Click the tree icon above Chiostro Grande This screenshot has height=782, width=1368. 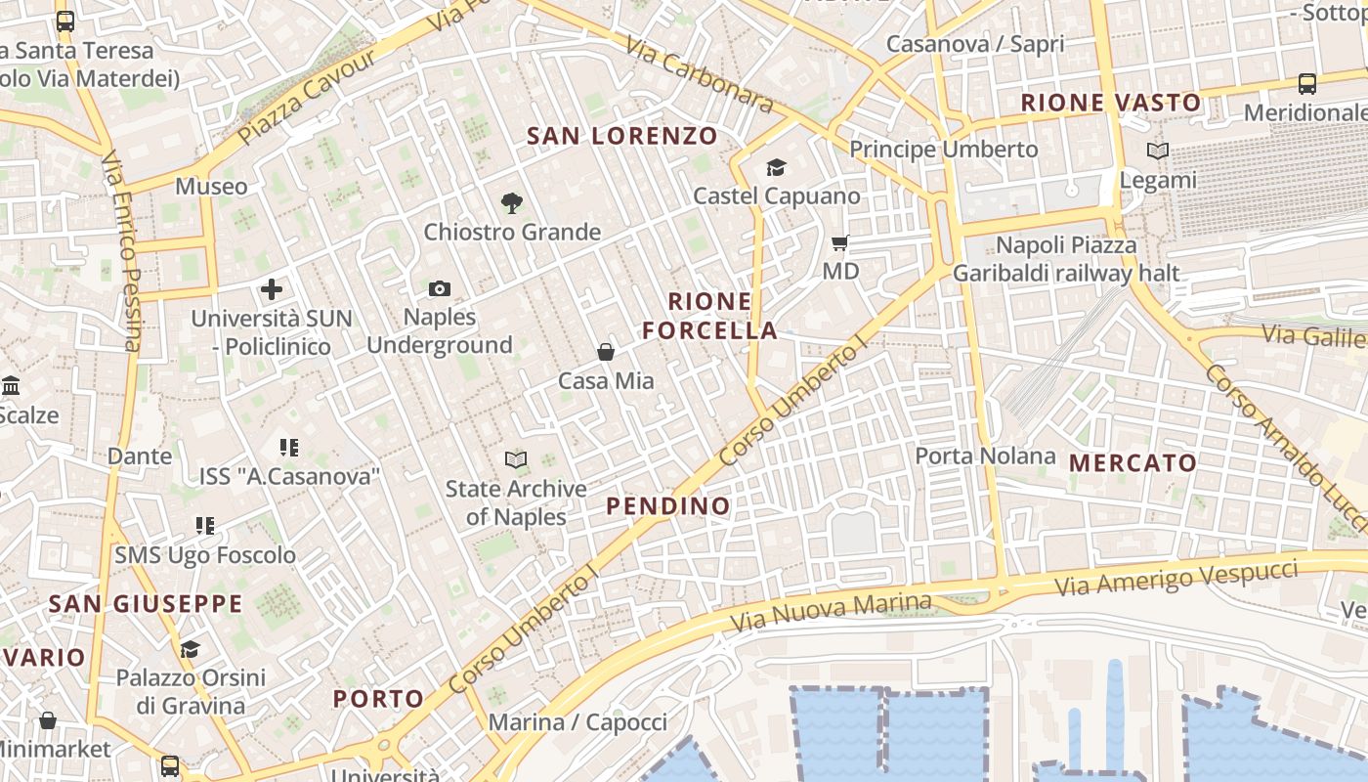511,203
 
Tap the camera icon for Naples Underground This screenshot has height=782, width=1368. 440,288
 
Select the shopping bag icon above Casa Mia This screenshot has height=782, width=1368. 606,352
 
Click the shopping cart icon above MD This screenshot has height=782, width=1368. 839,242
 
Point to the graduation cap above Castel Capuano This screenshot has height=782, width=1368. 776,168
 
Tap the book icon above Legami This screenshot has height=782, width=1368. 1158,152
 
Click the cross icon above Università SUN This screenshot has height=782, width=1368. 272,289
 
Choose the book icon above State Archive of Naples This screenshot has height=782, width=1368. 516,459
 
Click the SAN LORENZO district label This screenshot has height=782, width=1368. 622,136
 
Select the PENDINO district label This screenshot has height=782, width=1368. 668,505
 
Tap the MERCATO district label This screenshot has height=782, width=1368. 1133,462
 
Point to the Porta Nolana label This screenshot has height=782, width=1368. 986,456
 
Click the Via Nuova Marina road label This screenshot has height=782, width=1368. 831,611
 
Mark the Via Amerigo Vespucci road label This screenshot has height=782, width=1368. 1176,578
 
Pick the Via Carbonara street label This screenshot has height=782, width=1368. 700,74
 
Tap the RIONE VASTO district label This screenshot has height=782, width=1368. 1111,103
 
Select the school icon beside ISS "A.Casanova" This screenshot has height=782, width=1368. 289,448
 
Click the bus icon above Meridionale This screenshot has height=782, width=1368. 1307,84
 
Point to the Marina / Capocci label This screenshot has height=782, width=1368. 577,722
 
